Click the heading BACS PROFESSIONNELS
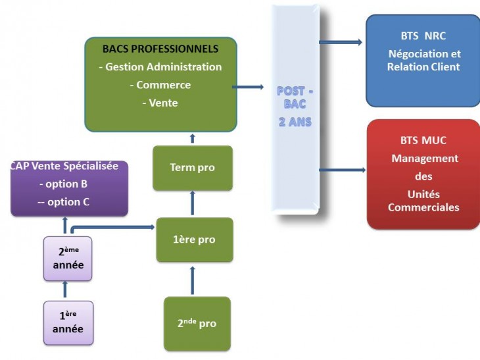coord(160,49)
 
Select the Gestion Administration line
coord(160,66)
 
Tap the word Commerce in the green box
coord(160,85)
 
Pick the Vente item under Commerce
coord(160,103)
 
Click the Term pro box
coord(192,168)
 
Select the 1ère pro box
coord(194,240)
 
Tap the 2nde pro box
coord(196,323)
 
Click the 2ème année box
coord(68,258)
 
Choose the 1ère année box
coord(68,322)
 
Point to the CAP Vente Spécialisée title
coord(64,167)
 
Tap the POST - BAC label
coord(295,97)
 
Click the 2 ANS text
coord(295,122)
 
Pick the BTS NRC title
coord(423,37)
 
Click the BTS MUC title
coord(423,141)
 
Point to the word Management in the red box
coord(424,159)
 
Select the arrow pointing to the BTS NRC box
coord(341,42)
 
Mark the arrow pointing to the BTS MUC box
coord(342,170)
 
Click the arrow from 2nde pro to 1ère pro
coord(192,279)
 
